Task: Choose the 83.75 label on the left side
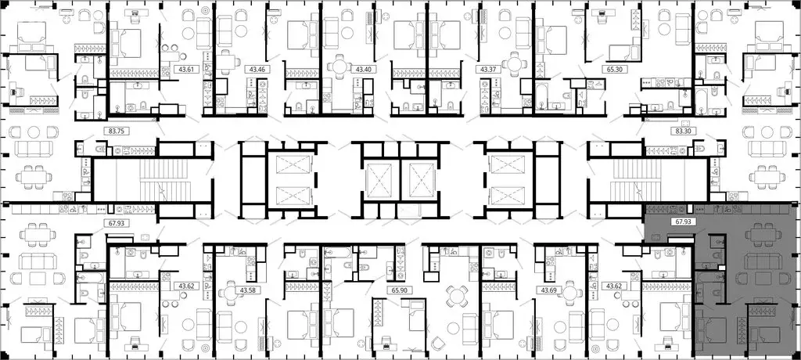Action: pyautogui.click(x=116, y=132)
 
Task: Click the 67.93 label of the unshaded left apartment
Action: pyautogui.click(x=116, y=221)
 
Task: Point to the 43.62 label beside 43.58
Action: pyautogui.click(x=186, y=286)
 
